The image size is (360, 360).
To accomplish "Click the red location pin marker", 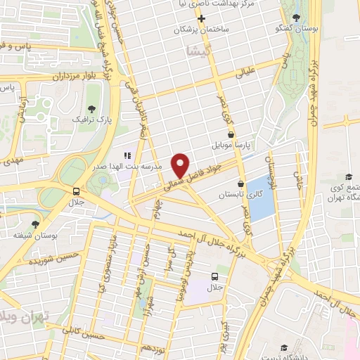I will (181, 165).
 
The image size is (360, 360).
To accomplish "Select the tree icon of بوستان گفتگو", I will (299, 17).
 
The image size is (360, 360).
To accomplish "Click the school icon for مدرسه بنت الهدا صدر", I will (127, 155).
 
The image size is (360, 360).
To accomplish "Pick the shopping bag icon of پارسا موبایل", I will (231, 134).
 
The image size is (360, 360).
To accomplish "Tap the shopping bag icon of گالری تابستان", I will (240, 184).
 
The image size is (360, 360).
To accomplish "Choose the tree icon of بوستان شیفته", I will (15, 234).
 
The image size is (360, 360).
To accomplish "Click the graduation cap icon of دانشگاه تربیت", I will (284, 347).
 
